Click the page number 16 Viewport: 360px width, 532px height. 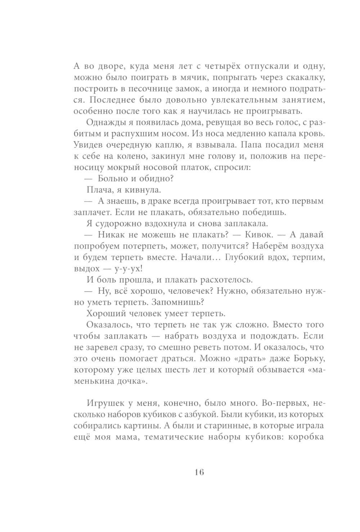(199, 472)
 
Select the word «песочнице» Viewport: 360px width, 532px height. (140, 89)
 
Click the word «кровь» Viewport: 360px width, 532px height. (311, 134)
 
